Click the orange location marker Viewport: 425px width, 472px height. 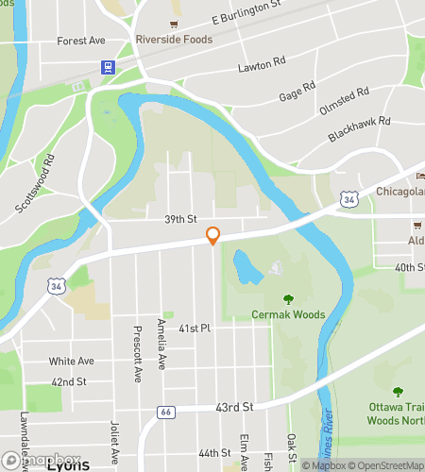[212, 236]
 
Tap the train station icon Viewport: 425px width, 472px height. [109, 67]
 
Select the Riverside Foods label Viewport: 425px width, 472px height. [173, 41]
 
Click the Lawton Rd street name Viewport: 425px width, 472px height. [262, 64]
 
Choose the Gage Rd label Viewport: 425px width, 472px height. [297, 93]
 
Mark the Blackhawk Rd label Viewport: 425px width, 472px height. [359, 130]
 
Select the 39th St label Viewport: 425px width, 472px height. [178, 219]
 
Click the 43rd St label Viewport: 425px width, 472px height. [235, 406]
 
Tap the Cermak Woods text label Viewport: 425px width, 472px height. [287, 314]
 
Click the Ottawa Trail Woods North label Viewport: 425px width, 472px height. [398, 413]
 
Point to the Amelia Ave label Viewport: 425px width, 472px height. [161, 342]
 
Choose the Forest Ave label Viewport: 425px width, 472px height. [80, 41]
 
